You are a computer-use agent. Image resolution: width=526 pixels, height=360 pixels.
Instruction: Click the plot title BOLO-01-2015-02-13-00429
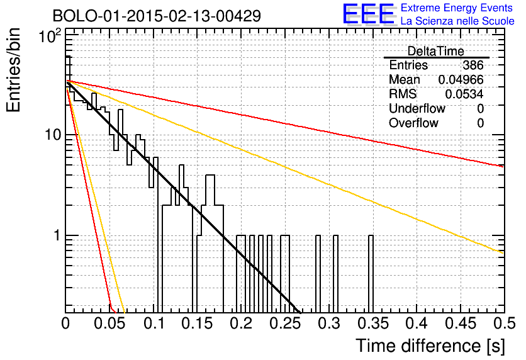157,16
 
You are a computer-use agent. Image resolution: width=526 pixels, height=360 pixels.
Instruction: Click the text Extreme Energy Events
457,8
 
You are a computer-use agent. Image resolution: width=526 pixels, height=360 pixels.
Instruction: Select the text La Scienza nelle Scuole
457,21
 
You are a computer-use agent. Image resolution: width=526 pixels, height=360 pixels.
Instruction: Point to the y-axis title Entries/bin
13,70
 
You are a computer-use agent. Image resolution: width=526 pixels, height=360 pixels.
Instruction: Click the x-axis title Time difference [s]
430,346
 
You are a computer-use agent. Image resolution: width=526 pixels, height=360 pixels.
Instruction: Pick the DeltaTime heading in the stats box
436,51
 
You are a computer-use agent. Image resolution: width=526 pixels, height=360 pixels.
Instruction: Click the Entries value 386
473,65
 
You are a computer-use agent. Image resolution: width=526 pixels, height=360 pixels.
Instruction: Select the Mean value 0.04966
461,79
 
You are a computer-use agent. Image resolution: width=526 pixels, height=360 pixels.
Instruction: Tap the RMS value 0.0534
464,94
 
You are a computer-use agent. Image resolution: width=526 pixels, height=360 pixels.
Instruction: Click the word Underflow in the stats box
417,108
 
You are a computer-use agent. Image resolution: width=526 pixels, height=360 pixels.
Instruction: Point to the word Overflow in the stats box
413,123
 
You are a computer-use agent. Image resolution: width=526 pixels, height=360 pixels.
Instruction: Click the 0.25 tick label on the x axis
284,323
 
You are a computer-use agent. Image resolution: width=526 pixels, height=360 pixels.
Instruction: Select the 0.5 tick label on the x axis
504,323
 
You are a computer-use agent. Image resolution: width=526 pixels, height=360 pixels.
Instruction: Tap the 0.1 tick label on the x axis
154,323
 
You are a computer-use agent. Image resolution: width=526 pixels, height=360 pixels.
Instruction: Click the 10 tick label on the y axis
53,134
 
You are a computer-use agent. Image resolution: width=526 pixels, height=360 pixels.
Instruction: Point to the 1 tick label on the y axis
57,235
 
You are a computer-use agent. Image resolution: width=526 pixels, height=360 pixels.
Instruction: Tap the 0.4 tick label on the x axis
417,323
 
